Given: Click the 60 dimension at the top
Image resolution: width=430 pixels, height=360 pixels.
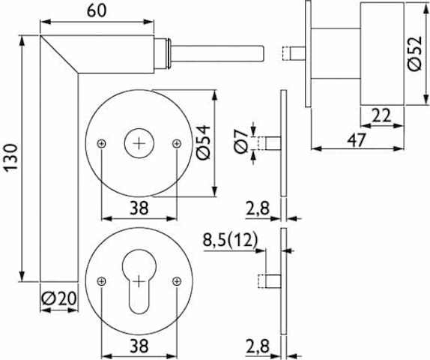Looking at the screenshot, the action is click(97, 11).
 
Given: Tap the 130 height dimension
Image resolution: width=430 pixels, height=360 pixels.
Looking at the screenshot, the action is click(12, 158).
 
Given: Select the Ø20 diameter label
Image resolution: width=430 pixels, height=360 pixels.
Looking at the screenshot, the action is click(59, 298).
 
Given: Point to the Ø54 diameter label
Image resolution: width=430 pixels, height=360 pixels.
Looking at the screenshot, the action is click(203, 142).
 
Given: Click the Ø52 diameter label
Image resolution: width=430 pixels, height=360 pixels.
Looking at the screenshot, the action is click(415, 53).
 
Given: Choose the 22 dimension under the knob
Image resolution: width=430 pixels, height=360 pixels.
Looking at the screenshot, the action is click(381, 115).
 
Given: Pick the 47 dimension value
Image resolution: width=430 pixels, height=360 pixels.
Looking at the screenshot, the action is click(357, 140).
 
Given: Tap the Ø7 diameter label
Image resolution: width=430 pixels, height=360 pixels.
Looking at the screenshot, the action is click(240, 141).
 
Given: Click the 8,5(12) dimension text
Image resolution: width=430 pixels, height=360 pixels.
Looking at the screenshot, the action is click(231, 240).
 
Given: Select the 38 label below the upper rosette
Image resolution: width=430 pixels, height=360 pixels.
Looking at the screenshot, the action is click(139, 208).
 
